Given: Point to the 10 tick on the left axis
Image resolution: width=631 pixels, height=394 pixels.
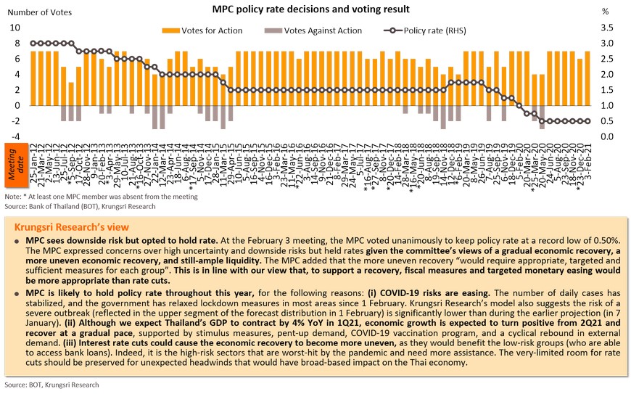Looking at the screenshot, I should (15, 28).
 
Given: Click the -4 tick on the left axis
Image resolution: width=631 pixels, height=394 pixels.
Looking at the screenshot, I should (15, 136).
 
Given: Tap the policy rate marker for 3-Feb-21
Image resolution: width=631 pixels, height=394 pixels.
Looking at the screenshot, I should (587, 121).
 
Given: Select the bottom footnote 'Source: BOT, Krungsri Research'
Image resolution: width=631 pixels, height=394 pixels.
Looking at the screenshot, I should (51, 385).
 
